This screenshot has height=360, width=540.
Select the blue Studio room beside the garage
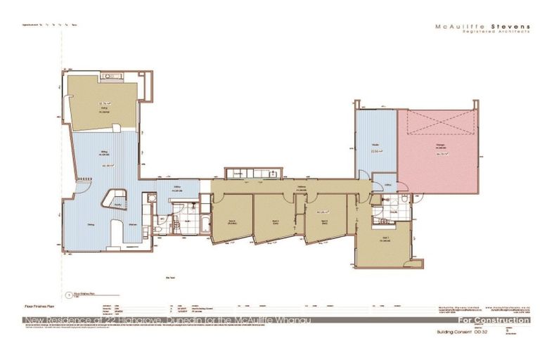[x=375, y=148]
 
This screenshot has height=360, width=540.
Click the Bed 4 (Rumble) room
[x=232, y=220]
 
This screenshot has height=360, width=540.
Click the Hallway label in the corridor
[x=301, y=186]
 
